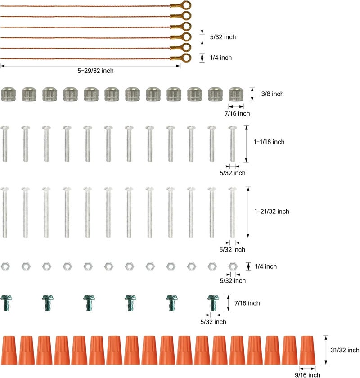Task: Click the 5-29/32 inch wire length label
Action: (x=95, y=71)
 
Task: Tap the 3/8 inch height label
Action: (x=272, y=94)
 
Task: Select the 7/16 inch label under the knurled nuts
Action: (x=237, y=113)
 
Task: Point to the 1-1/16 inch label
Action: (x=269, y=142)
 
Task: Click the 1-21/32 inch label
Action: (x=272, y=211)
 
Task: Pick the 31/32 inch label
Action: (x=345, y=350)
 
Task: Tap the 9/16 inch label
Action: (x=307, y=374)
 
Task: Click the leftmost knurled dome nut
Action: (x=9, y=94)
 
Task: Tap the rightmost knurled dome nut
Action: (x=236, y=94)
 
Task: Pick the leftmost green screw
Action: (x=6, y=303)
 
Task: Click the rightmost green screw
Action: (x=213, y=303)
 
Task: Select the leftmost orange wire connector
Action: (x=9, y=350)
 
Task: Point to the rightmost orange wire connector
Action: (x=307, y=350)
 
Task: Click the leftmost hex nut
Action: (x=5, y=266)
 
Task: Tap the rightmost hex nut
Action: (x=233, y=266)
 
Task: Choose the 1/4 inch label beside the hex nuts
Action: (x=265, y=266)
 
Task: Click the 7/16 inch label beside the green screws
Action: (x=247, y=303)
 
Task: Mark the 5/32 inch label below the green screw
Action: (x=213, y=322)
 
